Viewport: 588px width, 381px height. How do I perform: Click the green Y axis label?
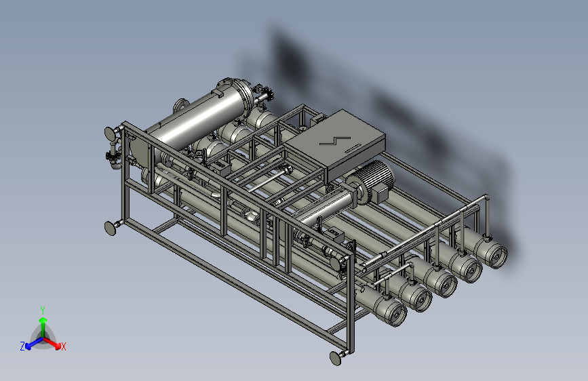[43, 310]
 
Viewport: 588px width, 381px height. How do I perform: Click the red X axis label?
[63, 346]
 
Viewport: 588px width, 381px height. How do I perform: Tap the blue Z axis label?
[22, 346]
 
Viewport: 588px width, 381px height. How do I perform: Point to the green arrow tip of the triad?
[43, 320]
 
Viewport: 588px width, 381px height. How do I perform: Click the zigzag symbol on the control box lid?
[335, 140]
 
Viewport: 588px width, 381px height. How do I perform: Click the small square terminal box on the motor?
[381, 195]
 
